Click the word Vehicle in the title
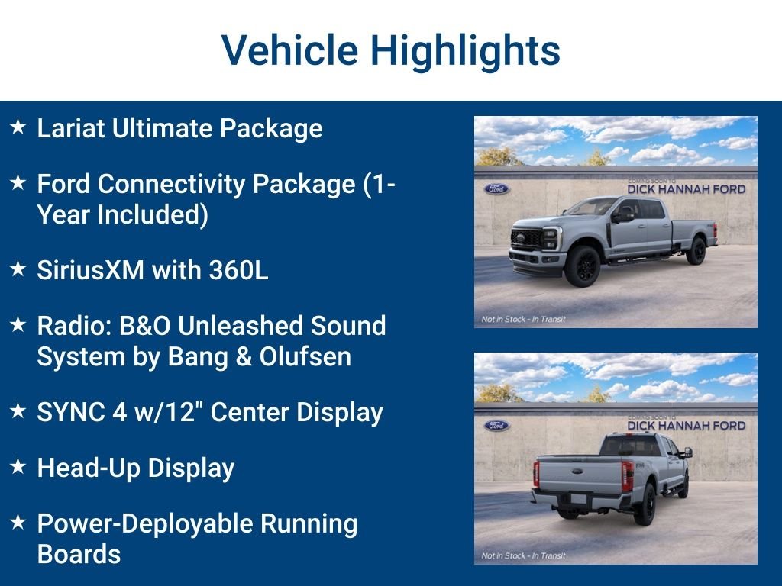(x=289, y=50)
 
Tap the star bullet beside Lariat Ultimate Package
(x=18, y=127)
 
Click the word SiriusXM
(x=90, y=270)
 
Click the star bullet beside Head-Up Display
(x=18, y=466)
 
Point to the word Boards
(x=79, y=554)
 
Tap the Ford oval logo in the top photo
(x=496, y=189)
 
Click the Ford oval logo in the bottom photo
(x=496, y=426)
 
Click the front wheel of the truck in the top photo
(x=583, y=266)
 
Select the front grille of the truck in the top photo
(x=527, y=239)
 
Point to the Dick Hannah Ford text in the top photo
(x=687, y=189)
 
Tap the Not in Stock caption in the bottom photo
(x=524, y=555)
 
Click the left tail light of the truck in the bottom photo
(x=536, y=474)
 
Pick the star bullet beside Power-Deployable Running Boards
(x=18, y=522)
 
